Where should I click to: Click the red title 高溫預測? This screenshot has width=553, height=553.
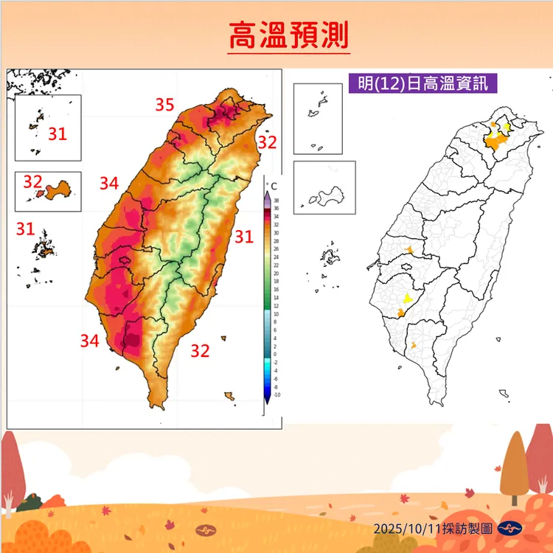pyautogui.click(x=288, y=34)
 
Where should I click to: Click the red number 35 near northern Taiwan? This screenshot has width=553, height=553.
pyautogui.click(x=164, y=104)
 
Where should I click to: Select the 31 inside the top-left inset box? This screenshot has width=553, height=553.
pyautogui.click(x=58, y=133)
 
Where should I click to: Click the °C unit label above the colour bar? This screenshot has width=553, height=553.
pyautogui.click(x=273, y=185)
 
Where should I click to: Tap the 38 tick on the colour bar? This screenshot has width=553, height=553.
pyautogui.click(x=275, y=201)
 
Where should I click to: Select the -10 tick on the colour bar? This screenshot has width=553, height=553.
pyautogui.click(x=276, y=395)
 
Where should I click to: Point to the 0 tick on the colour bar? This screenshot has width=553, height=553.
pyautogui.click(x=274, y=355)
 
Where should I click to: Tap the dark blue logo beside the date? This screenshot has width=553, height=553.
pyautogui.click(x=508, y=529)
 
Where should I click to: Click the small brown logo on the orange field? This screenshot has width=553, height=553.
pyautogui.click(x=206, y=529)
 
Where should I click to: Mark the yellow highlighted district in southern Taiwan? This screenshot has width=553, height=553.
pyautogui.click(x=406, y=299)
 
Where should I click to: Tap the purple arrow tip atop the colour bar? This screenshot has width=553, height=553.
pyautogui.click(x=267, y=195)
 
